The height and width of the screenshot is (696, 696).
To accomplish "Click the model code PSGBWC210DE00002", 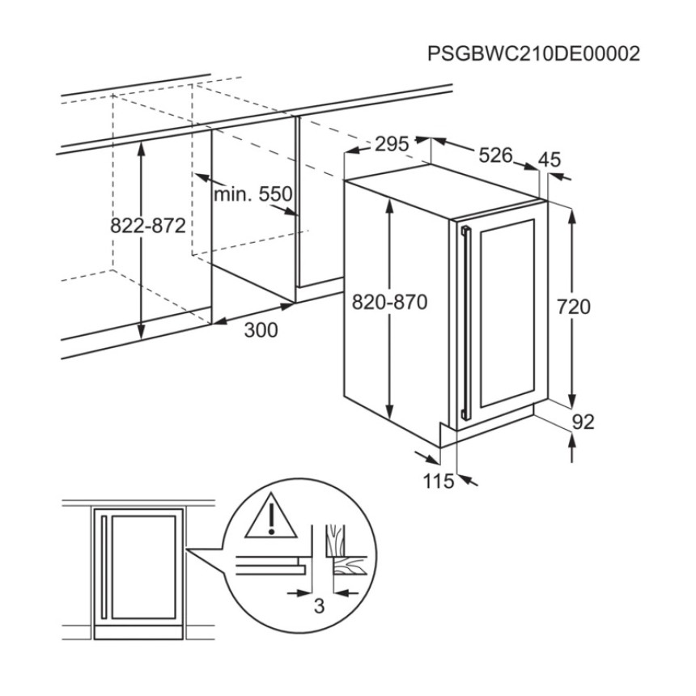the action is pyautogui.click(x=533, y=53).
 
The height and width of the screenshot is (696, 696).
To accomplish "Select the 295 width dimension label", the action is pyautogui.click(x=392, y=144).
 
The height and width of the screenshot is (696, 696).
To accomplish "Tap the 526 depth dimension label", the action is pyautogui.click(x=496, y=155).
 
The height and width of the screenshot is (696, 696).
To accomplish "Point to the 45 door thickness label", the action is pyautogui.click(x=550, y=159).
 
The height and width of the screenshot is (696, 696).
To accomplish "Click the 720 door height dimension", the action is pyautogui.click(x=574, y=307).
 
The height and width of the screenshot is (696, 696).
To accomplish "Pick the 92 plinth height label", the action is pyautogui.click(x=583, y=422).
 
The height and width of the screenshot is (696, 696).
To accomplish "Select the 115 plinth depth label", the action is pyautogui.click(x=439, y=481).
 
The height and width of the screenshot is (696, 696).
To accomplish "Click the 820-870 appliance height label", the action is pyautogui.click(x=390, y=303).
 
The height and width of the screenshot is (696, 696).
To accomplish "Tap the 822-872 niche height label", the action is pyautogui.click(x=148, y=227).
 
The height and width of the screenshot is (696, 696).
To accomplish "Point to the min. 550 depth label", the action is pyautogui.click(x=253, y=194).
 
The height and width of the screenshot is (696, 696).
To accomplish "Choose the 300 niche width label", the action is pyautogui.click(x=261, y=330).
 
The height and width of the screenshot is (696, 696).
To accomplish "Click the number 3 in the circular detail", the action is pyautogui.click(x=319, y=606).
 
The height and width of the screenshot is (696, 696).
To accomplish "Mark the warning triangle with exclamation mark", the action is pyautogui.click(x=271, y=516).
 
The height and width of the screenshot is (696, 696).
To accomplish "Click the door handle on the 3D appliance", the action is pyautogui.click(x=465, y=323).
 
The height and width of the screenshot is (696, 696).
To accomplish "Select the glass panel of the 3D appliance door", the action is pyautogui.click(x=507, y=313).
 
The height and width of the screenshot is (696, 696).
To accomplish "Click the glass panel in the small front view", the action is pyautogui.click(x=144, y=567).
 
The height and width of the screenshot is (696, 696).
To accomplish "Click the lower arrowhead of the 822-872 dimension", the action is pyautogui.click(x=141, y=331).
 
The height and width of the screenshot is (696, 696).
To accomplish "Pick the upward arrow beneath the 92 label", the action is pyautogui.click(x=572, y=448).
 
